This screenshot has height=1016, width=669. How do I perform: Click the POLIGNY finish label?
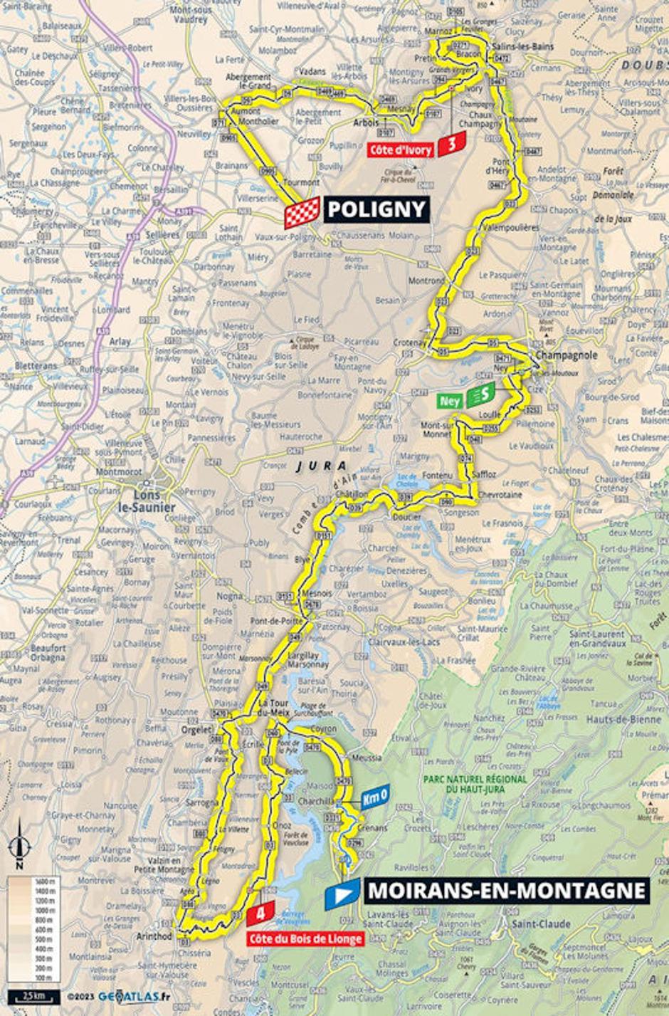[x=376, y=209]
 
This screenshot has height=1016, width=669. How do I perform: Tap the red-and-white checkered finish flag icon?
[x=302, y=213]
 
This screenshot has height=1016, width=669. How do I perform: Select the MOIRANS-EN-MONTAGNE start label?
[x=506, y=891]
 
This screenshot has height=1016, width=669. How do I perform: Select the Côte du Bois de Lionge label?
[x=305, y=939]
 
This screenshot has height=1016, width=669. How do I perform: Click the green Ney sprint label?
[x=449, y=401]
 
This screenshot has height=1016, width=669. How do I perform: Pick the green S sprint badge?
[x=481, y=395]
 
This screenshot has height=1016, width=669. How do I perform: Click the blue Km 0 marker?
[x=374, y=797]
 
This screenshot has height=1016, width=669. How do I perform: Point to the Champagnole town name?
[x=567, y=355]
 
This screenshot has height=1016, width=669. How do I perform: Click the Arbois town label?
[x=366, y=122]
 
